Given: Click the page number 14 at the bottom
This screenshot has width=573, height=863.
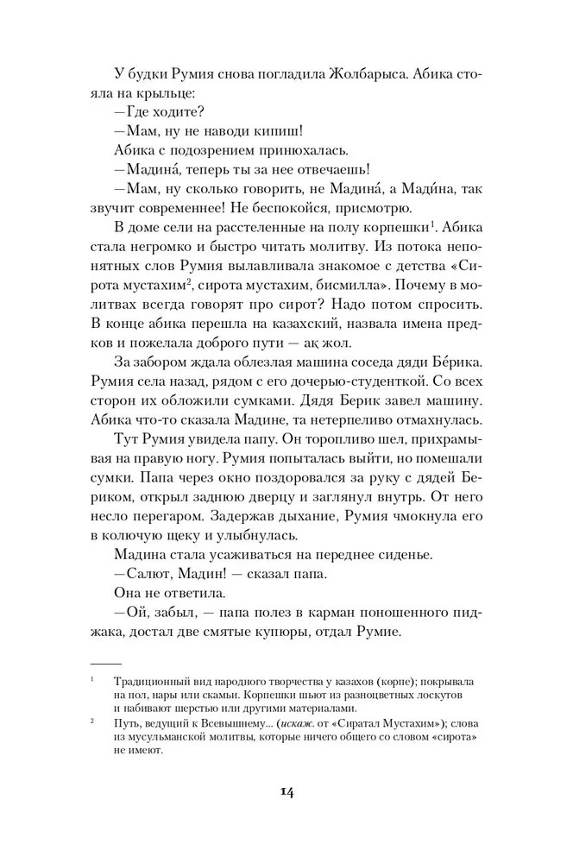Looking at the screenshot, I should point(286,795).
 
